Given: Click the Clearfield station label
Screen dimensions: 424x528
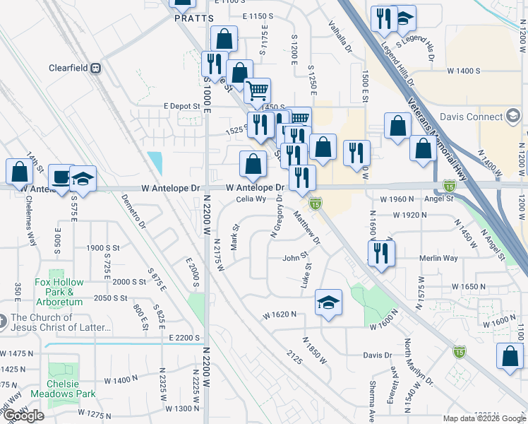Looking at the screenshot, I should click(x=68, y=69).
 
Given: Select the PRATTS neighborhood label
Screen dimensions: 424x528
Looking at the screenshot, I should click(x=193, y=19).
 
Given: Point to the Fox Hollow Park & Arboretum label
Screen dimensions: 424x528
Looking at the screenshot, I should click(x=59, y=291).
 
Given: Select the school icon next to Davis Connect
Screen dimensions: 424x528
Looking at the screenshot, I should click(x=513, y=117).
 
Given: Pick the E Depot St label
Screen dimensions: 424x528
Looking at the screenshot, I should click(x=182, y=105).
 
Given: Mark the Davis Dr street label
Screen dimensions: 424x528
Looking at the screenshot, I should click(x=378, y=355).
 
